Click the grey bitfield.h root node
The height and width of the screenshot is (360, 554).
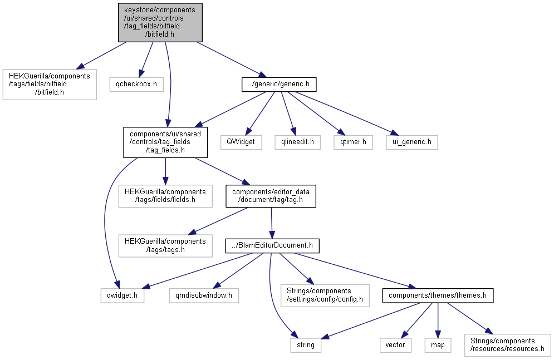click(160, 23)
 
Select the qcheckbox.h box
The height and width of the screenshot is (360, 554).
click(136, 85)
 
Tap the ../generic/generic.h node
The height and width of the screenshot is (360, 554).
click(279, 85)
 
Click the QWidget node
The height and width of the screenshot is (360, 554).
click(241, 142)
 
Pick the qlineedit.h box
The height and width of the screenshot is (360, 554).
click(298, 142)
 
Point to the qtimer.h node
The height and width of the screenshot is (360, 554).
click(354, 142)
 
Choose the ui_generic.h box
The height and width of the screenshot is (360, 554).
click(412, 142)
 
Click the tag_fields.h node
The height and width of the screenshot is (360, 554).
click(165, 142)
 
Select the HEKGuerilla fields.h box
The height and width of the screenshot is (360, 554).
click(165, 196)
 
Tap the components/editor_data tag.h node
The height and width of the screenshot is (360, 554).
click(271, 196)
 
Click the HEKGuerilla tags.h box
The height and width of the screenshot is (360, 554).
click(165, 245)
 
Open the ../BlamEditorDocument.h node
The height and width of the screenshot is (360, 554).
click(272, 245)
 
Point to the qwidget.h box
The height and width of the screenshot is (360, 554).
click(122, 295)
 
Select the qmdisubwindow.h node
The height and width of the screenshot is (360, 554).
click(204, 295)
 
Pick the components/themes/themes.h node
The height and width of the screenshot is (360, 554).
click(438, 295)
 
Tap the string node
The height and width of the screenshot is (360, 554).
click(306, 345)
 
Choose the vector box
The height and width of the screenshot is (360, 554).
click(396, 345)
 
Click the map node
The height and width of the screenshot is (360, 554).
click(438, 345)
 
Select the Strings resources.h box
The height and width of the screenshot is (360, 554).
click(508, 345)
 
